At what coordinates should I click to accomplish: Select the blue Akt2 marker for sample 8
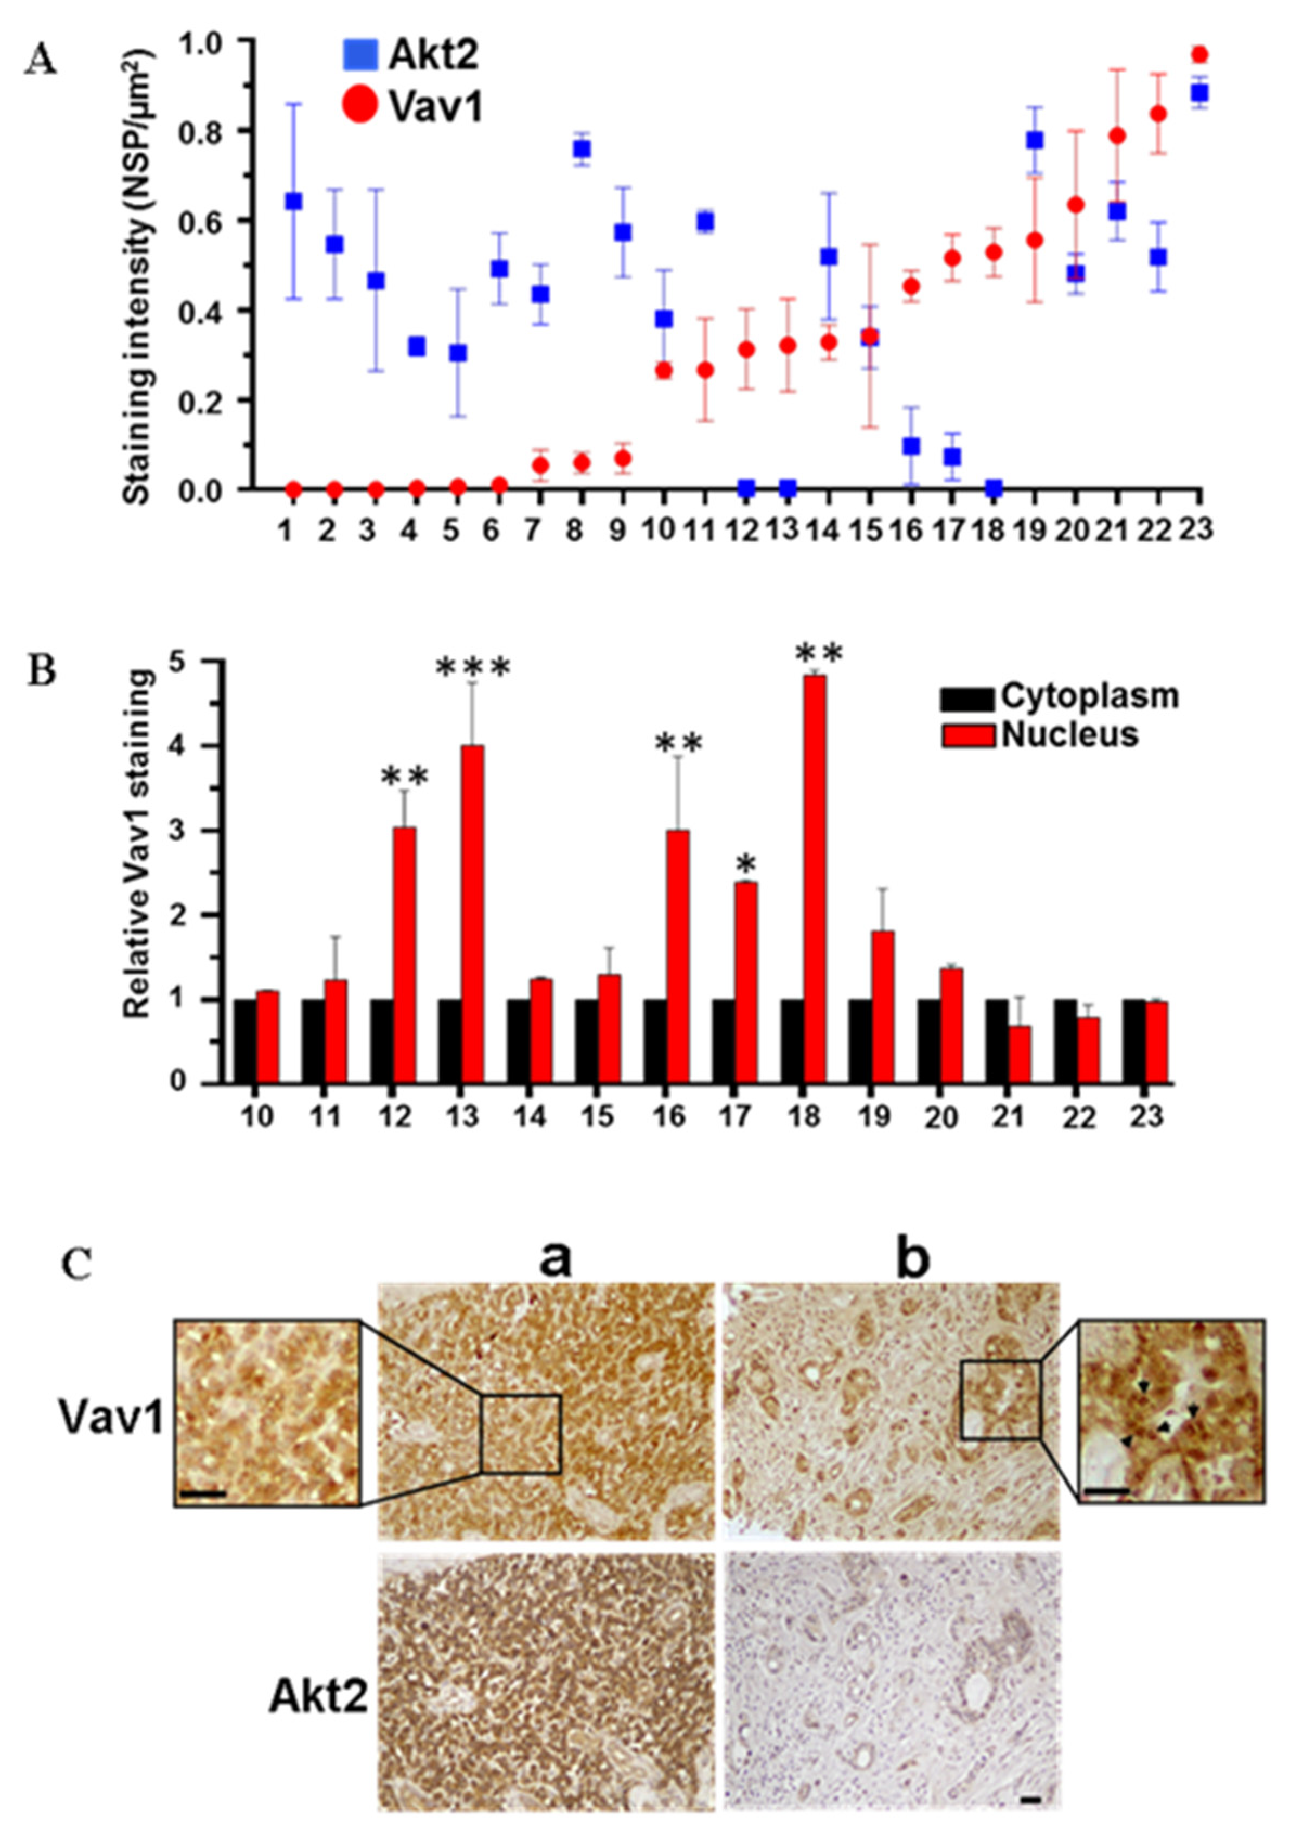[582, 150]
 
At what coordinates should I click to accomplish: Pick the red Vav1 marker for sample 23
[1199, 55]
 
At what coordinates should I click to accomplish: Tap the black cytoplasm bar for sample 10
[246, 1041]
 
